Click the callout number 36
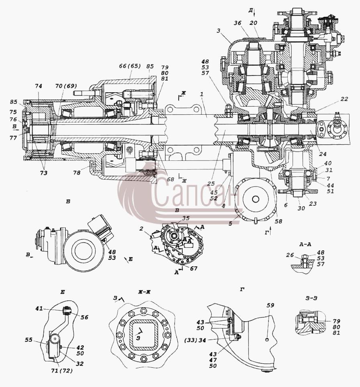click(x=238, y=23)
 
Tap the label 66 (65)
click(x=130, y=66)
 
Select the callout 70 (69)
click(x=66, y=86)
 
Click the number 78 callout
click(x=77, y=172)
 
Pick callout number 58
click(x=279, y=221)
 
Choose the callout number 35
click(x=186, y=218)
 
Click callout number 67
click(x=193, y=268)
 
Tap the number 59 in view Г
click(x=271, y=305)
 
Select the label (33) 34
click(x=195, y=340)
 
